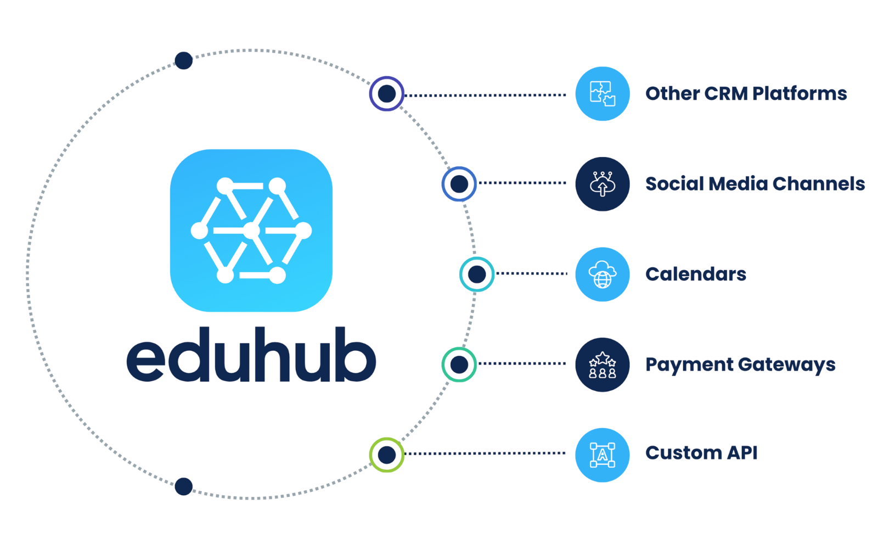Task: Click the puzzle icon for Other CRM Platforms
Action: pyautogui.click(x=603, y=94)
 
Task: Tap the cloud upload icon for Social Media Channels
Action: pyautogui.click(x=603, y=184)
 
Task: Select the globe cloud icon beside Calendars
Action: pyautogui.click(x=603, y=274)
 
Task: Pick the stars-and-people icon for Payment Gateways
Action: pyautogui.click(x=603, y=365)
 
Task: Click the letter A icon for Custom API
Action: pyautogui.click(x=603, y=455)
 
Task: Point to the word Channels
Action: pyautogui.click(x=818, y=183)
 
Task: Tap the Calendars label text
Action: pyautogui.click(x=696, y=274)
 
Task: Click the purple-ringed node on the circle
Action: pyautogui.click(x=386, y=94)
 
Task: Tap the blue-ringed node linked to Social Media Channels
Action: pyautogui.click(x=459, y=184)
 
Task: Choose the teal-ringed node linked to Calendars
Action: pyautogui.click(x=477, y=274)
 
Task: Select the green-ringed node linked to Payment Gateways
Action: pyautogui.click(x=459, y=365)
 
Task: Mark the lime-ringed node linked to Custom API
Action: pyautogui.click(x=386, y=455)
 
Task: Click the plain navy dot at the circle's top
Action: pyautogui.click(x=183, y=60)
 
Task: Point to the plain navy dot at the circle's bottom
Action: pyautogui.click(x=183, y=486)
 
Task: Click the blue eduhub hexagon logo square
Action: pyautogui.click(x=251, y=231)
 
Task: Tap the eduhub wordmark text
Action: pyautogui.click(x=251, y=354)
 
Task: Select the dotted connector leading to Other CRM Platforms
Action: pyautogui.click(x=485, y=95)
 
